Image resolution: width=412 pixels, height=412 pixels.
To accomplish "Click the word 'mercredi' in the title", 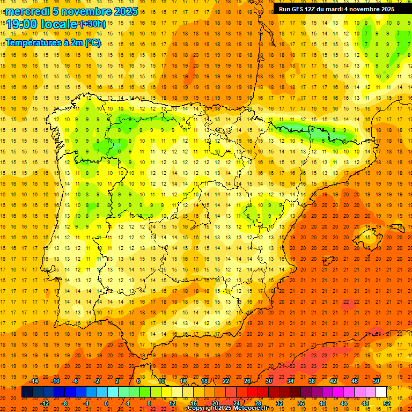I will (25, 11).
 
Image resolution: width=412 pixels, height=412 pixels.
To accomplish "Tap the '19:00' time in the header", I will (21, 24).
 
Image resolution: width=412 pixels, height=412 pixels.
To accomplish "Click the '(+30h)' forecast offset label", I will (92, 24).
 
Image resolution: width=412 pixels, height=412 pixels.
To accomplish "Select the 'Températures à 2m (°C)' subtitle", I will (53, 43).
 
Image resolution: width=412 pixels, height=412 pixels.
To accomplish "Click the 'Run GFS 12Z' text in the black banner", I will (299, 9).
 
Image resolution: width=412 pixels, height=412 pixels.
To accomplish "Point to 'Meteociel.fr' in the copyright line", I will (252, 408).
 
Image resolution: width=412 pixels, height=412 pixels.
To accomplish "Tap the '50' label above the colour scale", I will (376, 381).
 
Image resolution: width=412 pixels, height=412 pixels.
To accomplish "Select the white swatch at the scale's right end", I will (381, 392).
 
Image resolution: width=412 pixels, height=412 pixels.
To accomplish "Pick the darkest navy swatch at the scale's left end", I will (27, 392).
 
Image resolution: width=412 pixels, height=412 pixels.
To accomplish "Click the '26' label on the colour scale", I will (247, 381).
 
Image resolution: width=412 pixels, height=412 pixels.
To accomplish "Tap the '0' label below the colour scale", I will (106, 403).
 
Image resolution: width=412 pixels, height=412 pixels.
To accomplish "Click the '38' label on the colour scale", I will (312, 381).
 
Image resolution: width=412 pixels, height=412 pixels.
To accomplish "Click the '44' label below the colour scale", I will (344, 403).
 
